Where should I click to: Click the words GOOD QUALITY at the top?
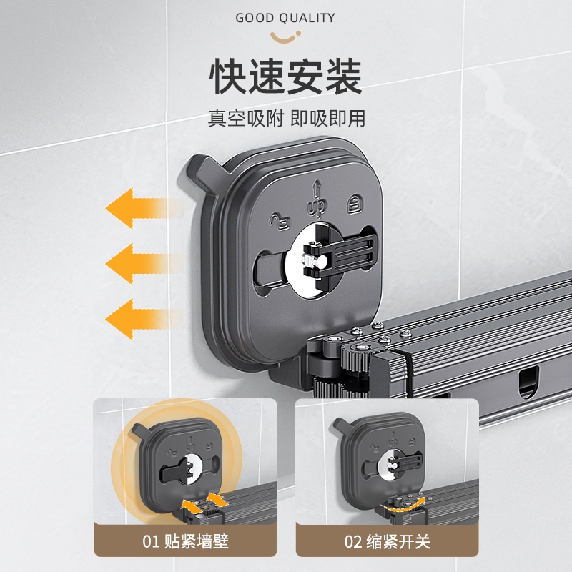pos(285,17)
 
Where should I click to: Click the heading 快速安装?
pos(286,77)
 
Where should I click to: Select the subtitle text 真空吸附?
pos(245,118)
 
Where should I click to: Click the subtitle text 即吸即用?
pos(327,118)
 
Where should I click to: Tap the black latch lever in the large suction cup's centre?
pos(337,257)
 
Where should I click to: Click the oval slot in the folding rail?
pos(527,382)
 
